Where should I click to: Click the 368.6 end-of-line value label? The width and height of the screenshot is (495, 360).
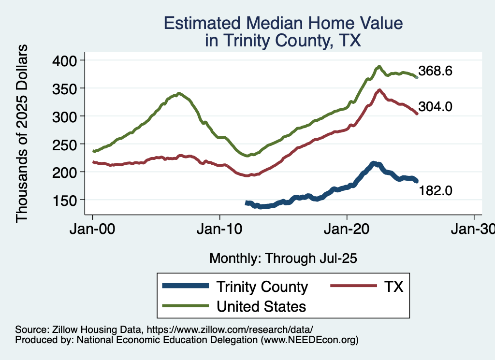pyautogui.click(x=436, y=72)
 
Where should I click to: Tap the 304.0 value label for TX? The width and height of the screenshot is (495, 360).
pyautogui.click(x=436, y=107)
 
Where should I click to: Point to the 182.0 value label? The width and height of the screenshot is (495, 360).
pyautogui.click(x=436, y=191)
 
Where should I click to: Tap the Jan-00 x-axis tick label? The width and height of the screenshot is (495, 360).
pyautogui.click(x=93, y=228)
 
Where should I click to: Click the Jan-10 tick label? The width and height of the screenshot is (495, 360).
pyautogui.click(x=220, y=228)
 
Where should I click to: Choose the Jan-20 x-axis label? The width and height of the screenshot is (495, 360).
pyautogui.click(x=347, y=228)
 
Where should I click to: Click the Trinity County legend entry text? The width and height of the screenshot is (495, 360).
pyautogui.click(x=262, y=287)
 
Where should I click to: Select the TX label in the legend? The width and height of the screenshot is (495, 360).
pyautogui.click(x=393, y=287)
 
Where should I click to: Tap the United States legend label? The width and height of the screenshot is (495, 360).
pyautogui.click(x=261, y=306)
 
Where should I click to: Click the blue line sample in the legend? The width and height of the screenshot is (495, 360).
pyautogui.click(x=186, y=287)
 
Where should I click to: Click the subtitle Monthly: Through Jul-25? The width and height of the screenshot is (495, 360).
pyautogui.click(x=283, y=259)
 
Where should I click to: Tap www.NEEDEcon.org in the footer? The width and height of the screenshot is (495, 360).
pyautogui.click(x=310, y=340)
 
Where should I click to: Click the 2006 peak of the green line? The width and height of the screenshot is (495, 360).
pyautogui.click(x=179, y=93)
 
